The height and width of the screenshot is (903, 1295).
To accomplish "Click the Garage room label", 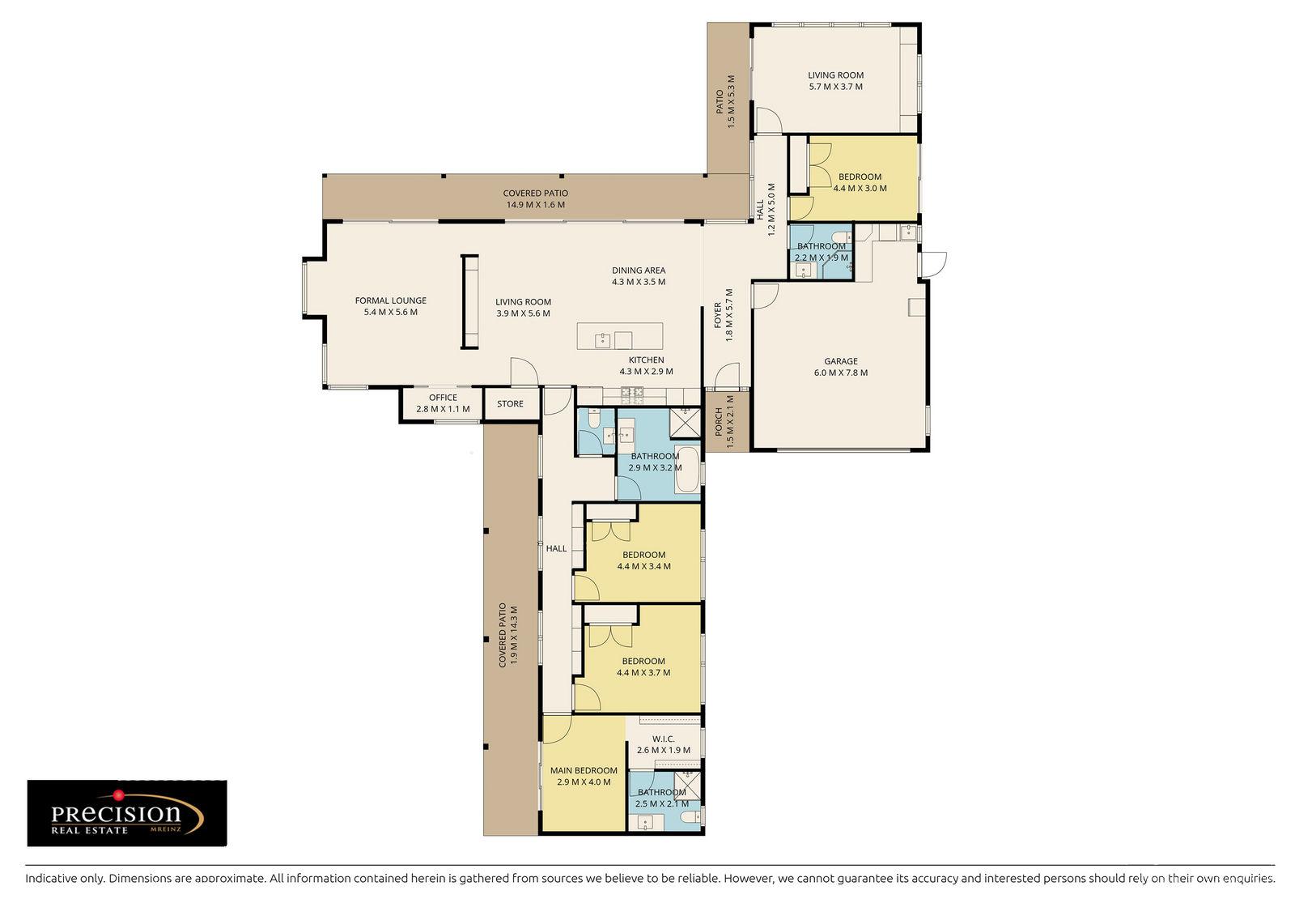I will point(840,361).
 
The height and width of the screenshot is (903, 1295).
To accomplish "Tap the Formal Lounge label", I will point(390,300).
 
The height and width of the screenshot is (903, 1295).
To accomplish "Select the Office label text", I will point(443,398).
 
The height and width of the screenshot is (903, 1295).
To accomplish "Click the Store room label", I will point(510,403).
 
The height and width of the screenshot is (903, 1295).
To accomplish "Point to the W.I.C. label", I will point(663,739).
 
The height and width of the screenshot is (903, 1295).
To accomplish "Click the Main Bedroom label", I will point(584,770).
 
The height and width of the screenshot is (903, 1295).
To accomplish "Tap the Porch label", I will point(718,421).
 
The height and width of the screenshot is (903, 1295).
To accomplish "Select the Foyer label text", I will point(717,316).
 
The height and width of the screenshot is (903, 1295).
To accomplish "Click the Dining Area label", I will point(638,270).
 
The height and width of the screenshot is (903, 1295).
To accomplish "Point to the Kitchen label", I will point(646,360).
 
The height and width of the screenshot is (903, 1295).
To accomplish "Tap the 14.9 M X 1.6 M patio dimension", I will point(535,205).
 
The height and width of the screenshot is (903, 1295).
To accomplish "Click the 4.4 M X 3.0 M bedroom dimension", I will point(860,188).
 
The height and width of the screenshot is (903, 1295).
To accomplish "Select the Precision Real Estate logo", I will point(127,813).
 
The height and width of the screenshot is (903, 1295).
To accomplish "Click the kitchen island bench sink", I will point(603,339).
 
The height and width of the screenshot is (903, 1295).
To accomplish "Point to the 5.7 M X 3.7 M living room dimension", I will point(835,86).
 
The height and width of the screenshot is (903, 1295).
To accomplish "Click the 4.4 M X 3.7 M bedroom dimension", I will point(643,672).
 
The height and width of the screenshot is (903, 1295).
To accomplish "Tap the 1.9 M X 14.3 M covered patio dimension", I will point(513,635).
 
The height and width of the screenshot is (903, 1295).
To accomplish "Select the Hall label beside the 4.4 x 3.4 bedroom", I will point(556,548).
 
